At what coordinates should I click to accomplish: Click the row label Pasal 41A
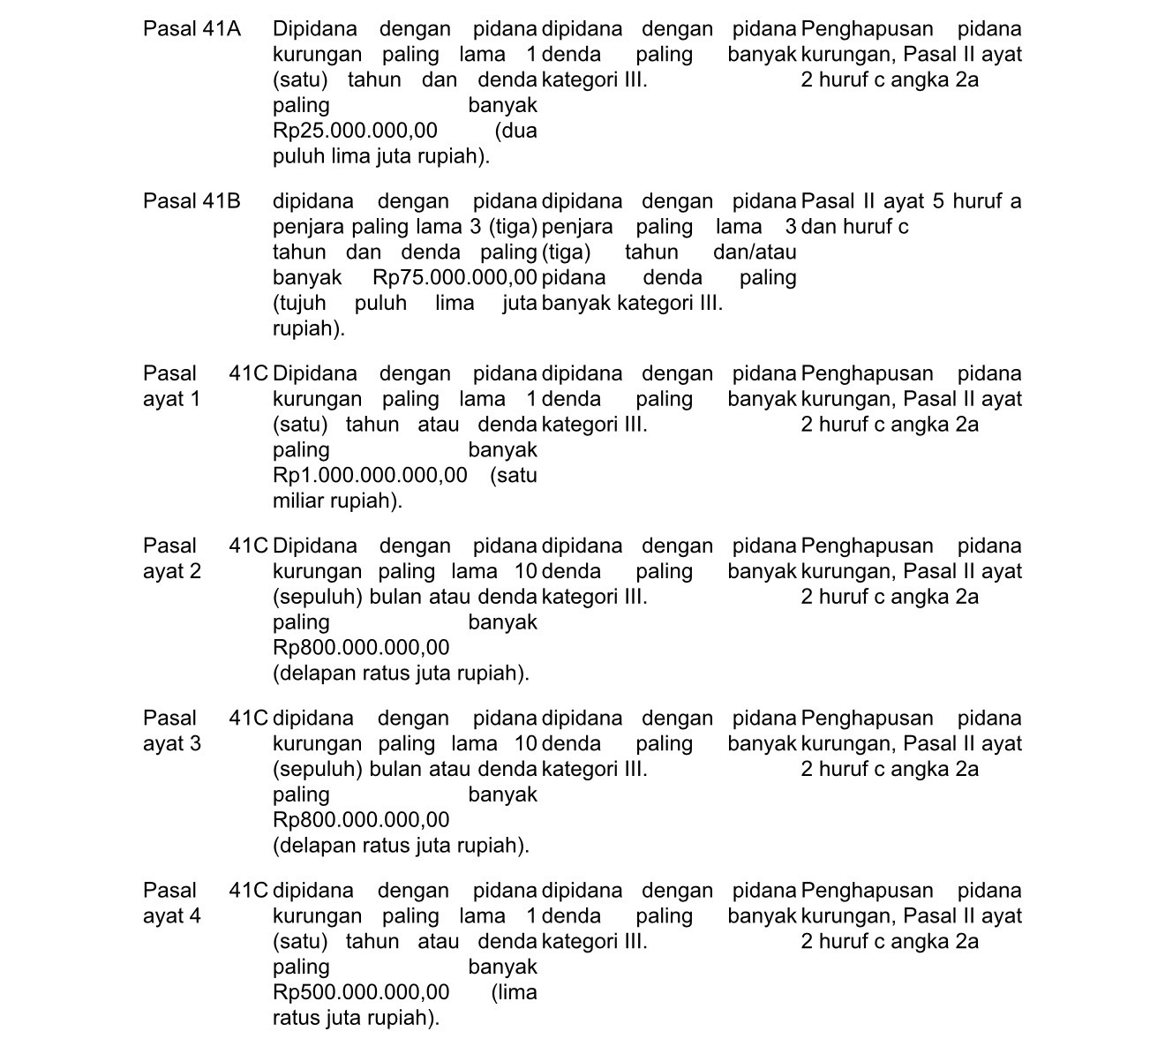point(192,29)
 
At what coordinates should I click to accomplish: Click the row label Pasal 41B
point(192,201)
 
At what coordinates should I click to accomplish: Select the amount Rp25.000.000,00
point(355,132)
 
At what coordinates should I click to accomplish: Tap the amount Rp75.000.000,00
point(455,278)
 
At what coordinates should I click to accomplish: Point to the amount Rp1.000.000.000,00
point(370,476)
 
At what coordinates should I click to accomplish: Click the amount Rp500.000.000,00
point(361,992)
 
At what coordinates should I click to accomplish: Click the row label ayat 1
point(171,399)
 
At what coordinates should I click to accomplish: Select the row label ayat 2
point(171,571)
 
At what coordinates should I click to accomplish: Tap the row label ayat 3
point(171,743)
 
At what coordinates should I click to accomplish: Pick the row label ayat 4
point(171,915)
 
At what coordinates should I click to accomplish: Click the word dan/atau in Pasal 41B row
point(755,252)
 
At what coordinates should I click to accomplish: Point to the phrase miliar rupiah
point(337,501)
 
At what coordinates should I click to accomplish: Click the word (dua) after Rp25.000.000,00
point(516,132)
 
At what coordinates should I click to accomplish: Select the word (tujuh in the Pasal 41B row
point(299,304)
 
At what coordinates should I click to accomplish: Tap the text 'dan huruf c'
point(855,227)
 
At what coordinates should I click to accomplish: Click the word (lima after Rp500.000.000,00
point(515,992)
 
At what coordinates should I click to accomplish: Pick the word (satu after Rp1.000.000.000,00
point(514,476)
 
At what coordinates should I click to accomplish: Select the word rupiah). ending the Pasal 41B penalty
point(309,329)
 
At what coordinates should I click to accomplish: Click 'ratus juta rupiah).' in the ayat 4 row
point(356,1018)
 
